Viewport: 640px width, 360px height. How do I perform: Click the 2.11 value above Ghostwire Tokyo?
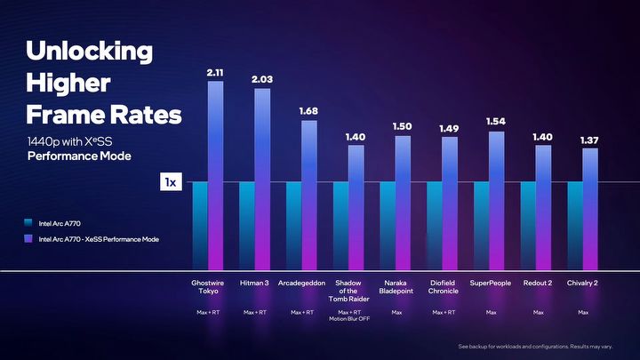[x=216, y=73]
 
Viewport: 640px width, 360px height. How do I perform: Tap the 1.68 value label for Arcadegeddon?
[x=309, y=111]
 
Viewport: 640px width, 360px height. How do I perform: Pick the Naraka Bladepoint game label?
[x=396, y=286]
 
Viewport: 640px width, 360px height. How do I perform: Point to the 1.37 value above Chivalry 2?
[x=589, y=140]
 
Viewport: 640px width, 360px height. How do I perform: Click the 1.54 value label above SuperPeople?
[x=496, y=120]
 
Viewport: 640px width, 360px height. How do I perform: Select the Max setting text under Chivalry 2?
[x=583, y=312]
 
